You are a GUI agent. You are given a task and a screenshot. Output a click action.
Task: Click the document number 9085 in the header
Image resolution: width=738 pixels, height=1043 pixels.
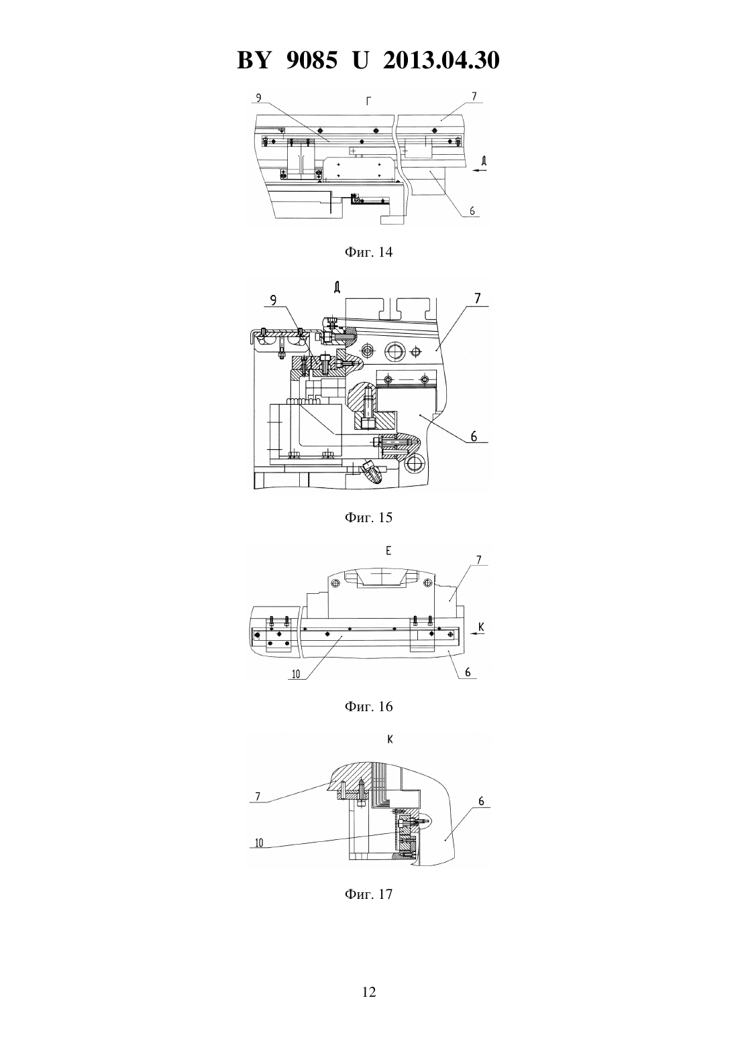[311, 60]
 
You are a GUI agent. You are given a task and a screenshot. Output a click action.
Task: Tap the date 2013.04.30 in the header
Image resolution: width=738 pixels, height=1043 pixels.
[441, 60]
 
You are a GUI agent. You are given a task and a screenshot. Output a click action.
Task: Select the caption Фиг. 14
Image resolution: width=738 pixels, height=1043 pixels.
[368, 252]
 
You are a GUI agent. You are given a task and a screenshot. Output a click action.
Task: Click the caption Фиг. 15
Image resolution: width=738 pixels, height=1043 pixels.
[368, 517]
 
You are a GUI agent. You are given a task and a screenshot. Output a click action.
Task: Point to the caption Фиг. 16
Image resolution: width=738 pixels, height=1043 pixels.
[368, 707]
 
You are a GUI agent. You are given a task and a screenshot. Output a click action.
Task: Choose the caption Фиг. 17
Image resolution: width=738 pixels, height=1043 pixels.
[368, 894]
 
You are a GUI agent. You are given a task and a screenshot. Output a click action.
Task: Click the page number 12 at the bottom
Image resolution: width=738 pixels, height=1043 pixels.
[368, 992]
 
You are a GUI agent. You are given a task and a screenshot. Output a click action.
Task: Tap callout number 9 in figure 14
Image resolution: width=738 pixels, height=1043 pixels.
[258, 97]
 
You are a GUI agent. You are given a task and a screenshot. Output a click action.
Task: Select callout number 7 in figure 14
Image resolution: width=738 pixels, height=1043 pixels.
[474, 97]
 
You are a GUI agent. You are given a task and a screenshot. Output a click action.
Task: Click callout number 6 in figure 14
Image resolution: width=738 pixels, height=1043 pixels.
[472, 211]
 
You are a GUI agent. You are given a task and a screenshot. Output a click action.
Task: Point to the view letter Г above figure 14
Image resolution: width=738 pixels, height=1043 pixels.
[368, 101]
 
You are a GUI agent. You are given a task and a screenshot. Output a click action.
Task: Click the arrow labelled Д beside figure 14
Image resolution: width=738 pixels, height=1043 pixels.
[479, 171]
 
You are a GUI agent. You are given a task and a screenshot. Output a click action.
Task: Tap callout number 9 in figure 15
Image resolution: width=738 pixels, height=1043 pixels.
[274, 300]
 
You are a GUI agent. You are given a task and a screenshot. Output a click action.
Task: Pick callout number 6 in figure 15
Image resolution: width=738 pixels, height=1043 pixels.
[474, 436]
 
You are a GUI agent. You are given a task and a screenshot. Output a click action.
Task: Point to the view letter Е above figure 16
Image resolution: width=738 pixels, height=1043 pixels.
[388, 551]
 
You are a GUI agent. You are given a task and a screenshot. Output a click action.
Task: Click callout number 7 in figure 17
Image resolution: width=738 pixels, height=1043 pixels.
[258, 796]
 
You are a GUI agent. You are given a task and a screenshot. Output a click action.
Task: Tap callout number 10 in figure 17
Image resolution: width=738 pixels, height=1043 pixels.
[259, 843]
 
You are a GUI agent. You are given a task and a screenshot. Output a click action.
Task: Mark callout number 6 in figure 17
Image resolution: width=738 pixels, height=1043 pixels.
[481, 801]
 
